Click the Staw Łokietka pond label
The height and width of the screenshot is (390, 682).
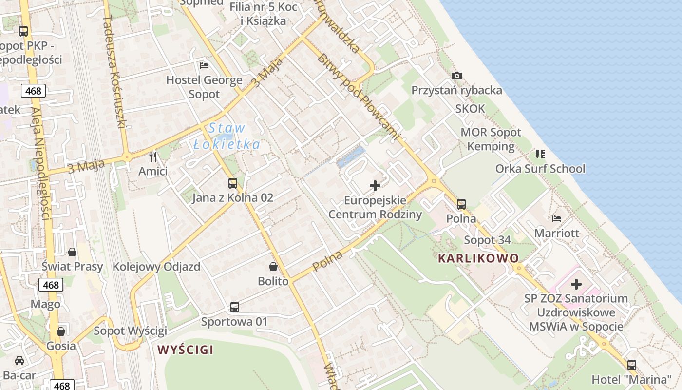click(227, 136)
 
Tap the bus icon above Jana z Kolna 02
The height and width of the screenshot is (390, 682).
click(233, 183)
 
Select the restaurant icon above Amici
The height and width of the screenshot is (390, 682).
click(153, 156)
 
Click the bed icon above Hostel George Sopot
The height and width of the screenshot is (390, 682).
click(204, 65)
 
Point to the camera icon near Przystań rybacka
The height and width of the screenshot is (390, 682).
click(456, 76)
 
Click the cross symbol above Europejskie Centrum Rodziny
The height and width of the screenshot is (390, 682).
click(375, 185)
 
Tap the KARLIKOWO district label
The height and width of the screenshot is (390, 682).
click(478, 258)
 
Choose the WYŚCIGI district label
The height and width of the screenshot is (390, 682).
click(186, 350)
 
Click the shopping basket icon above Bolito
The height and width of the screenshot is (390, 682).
click(273, 267)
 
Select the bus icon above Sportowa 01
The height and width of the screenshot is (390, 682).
click(235, 307)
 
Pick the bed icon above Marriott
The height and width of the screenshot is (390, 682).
click(557, 218)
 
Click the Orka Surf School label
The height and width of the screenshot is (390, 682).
click(540, 169)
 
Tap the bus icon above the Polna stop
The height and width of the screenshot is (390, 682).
click(461, 204)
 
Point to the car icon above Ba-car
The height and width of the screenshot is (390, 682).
click(19, 361)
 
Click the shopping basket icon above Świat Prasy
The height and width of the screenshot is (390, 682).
click(72, 252)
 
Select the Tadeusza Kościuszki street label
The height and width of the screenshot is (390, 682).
click(115, 71)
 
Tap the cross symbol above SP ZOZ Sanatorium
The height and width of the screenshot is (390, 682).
click(576, 284)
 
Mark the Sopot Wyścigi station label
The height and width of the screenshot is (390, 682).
click(130, 331)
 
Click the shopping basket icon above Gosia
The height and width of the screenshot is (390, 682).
click(61, 331)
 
